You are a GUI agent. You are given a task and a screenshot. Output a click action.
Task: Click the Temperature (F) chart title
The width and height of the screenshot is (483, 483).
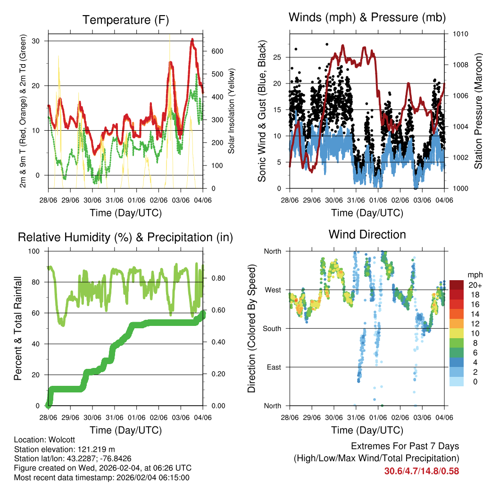(125, 20)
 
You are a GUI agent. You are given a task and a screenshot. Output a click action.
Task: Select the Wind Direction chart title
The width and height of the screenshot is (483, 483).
(367, 234)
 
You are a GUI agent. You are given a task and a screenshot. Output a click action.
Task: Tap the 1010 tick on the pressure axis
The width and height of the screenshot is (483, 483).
(460, 34)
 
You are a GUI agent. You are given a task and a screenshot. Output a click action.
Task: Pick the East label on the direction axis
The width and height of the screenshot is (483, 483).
(273, 367)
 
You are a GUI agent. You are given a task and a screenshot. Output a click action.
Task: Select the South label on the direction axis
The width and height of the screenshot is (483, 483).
(271, 328)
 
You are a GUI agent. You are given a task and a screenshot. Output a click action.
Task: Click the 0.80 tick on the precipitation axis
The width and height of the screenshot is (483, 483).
(217, 278)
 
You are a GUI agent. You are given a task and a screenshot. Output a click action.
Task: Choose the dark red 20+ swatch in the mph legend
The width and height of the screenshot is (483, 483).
(457, 285)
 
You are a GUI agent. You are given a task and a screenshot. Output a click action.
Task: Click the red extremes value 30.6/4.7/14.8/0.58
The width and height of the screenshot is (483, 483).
(422, 471)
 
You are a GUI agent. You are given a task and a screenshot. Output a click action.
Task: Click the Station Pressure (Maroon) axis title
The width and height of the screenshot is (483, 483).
(477, 111)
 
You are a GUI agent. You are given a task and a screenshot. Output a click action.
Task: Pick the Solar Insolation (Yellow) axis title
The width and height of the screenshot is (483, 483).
(231, 111)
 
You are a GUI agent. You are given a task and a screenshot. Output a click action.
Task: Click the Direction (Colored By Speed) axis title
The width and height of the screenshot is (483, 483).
(251, 328)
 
